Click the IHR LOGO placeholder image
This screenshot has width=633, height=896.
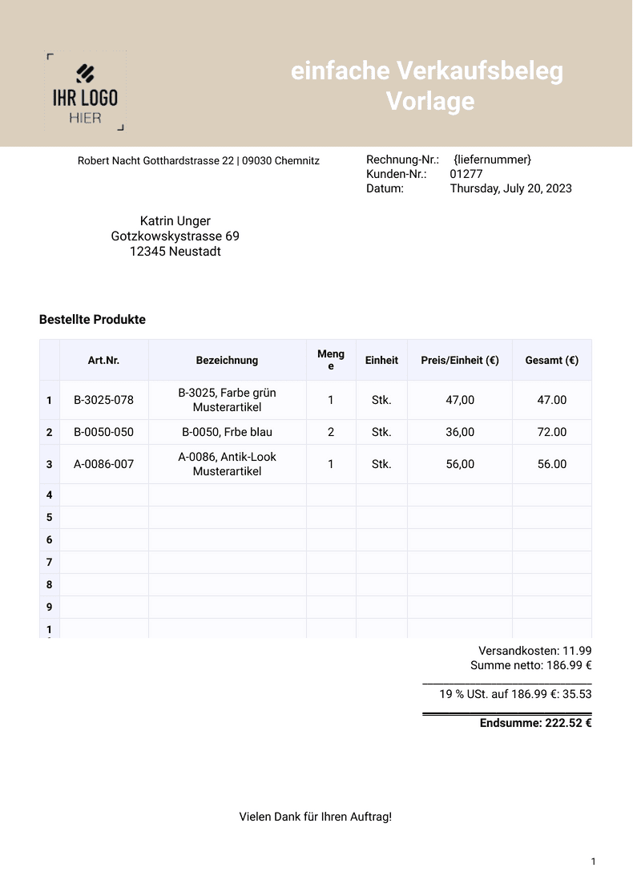pyautogui.click(x=85, y=91)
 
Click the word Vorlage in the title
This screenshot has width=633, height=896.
pyautogui.click(x=430, y=102)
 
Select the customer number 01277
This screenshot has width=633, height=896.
pyautogui.click(x=466, y=174)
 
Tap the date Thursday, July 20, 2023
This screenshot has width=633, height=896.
pyautogui.click(x=510, y=189)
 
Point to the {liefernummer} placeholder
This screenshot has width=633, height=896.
pyautogui.click(x=492, y=159)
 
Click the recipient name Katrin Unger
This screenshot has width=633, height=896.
pyautogui.click(x=175, y=221)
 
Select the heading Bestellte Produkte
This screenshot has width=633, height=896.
pyautogui.click(x=92, y=320)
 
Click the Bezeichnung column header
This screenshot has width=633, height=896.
pyautogui.click(x=227, y=361)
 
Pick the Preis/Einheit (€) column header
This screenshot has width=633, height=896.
pyautogui.click(x=460, y=361)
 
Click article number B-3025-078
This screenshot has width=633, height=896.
pyautogui.click(x=103, y=400)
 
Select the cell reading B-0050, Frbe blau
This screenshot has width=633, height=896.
pyautogui.click(x=227, y=432)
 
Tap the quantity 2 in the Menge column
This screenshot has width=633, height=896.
pyautogui.click(x=331, y=432)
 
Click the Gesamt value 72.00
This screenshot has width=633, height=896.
pyautogui.click(x=552, y=432)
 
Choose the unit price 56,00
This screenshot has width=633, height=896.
pyautogui.click(x=460, y=464)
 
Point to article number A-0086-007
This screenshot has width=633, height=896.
pyautogui.click(x=103, y=464)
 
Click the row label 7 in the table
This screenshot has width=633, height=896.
pyautogui.click(x=49, y=563)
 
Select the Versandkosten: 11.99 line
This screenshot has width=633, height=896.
pyautogui.click(x=534, y=651)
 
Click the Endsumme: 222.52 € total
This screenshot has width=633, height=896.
pyautogui.click(x=535, y=723)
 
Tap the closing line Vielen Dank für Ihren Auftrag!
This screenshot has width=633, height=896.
pyautogui.click(x=316, y=817)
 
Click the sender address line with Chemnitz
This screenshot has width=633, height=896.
pyautogui.click(x=199, y=161)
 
